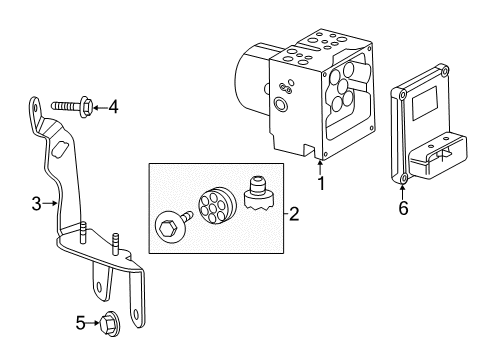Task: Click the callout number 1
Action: [x=321, y=183]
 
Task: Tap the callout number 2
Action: [x=294, y=212]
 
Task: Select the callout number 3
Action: [x=35, y=204]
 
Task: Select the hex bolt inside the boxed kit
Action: [x=168, y=225]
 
